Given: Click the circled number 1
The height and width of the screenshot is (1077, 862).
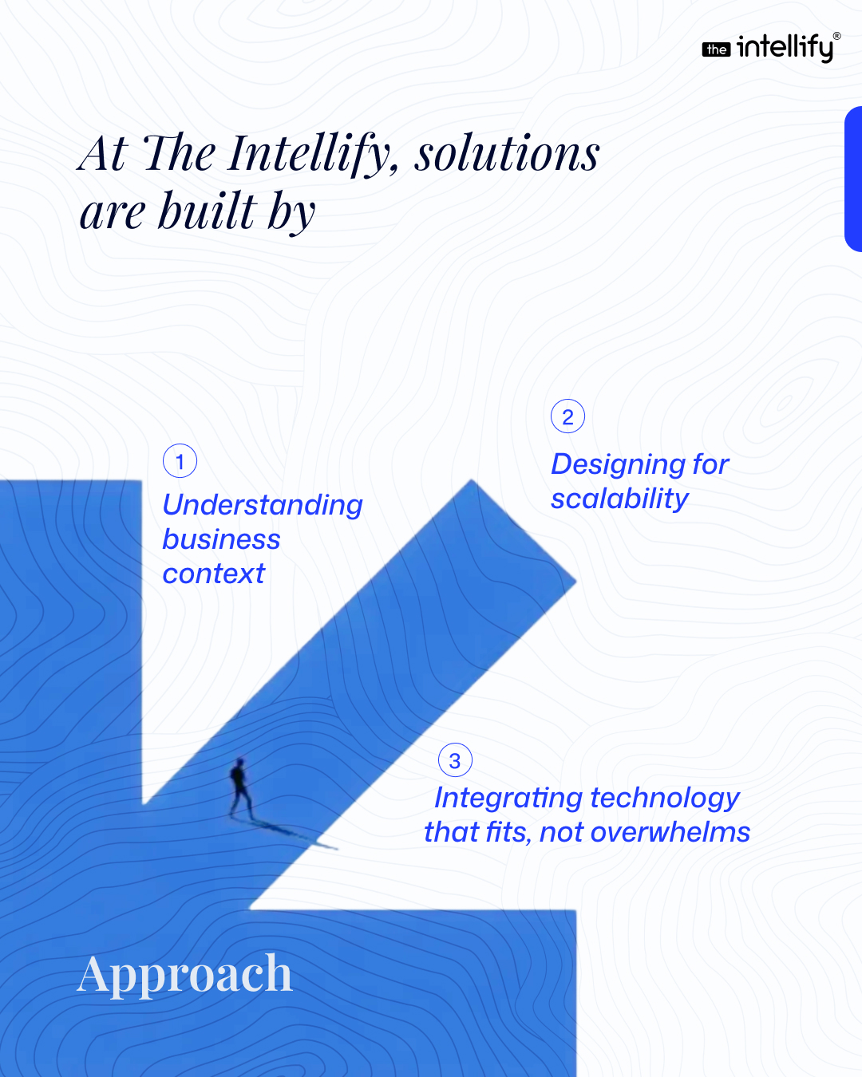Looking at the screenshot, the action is click(x=180, y=461).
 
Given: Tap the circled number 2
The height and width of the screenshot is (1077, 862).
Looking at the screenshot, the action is click(x=567, y=416).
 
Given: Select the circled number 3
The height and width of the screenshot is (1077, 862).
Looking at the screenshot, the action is click(x=455, y=760).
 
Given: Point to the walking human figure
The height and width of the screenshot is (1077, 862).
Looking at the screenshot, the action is click(x=241, y=788).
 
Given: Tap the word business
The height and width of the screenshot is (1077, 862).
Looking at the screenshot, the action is click(x=221, y=539).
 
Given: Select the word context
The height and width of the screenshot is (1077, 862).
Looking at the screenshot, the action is click(x=214, y=574).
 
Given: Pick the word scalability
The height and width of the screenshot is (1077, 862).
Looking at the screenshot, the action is click(x=619, y=499).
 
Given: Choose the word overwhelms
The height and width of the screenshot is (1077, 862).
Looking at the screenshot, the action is click(x=670, y=832).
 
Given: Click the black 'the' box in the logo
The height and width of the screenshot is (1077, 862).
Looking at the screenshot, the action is click(x=716, y=49).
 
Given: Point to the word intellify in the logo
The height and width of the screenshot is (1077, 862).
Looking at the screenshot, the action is click(x=785, y=49).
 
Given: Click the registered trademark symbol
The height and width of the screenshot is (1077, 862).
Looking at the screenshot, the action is click(x=836, y=36).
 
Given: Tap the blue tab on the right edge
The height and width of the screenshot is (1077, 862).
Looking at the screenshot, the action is click(x=853, y=179).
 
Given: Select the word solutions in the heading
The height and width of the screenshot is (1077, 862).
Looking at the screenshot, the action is click(x=507, y=154).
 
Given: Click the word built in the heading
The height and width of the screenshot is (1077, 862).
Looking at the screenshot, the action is click(x=208, y=211).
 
